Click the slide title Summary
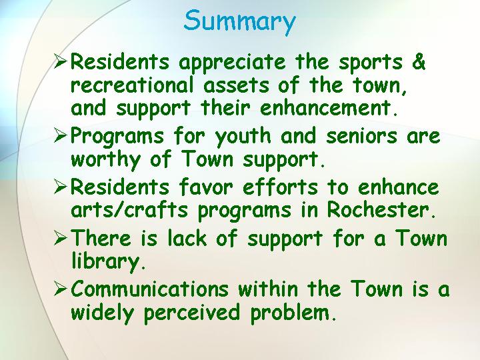coord(239,21)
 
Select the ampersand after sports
coord(419,61)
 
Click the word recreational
coord(132,85)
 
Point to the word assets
coord(236,85)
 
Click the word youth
coord(243,137)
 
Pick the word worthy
coord(105,161)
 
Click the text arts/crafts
coord(129,209)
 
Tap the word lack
coord(187,237)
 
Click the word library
coord(105,263)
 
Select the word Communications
coord(150,288)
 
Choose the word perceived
coord(192,313)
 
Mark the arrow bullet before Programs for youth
coord(60,136)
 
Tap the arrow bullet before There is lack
coord(60,238)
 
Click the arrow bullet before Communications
coord(60,289)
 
